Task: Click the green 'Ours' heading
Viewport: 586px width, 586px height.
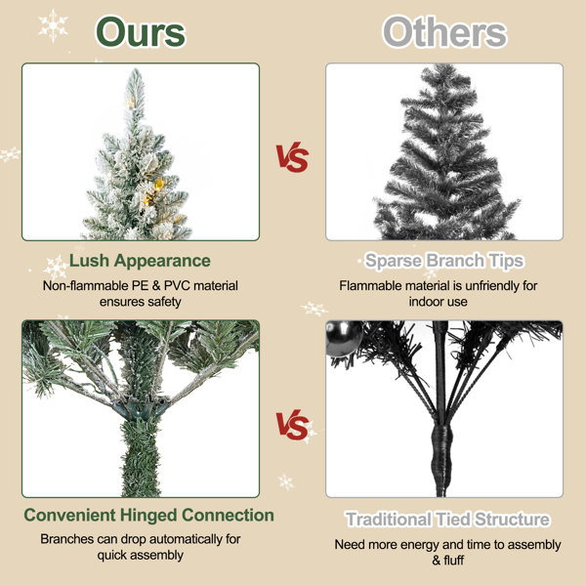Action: (x=141, y=32)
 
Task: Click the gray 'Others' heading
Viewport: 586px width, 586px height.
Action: (x=444, y=32)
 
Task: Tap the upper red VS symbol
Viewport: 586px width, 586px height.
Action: (x=292, y=157)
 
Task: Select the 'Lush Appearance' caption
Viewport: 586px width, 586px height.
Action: (x=140, y=261)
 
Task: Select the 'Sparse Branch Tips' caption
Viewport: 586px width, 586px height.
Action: (x=444, y=261)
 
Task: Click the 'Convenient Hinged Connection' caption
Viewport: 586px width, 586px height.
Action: (x=148, y=515)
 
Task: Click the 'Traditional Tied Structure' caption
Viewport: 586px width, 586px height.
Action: (x=447, y=520)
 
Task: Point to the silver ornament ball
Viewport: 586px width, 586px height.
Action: (x=344, y=339)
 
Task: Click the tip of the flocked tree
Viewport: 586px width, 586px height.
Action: (x=136, y=70)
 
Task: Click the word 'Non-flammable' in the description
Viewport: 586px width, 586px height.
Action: (x=86, y=286)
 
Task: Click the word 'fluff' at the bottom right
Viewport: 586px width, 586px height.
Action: (x=453, y=561)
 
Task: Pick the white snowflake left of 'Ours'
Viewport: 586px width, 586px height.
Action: (x=54, y=25)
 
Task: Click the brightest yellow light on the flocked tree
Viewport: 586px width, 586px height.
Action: (x=159, y=184)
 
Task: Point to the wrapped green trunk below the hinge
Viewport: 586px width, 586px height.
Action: (x=141, y=458)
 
